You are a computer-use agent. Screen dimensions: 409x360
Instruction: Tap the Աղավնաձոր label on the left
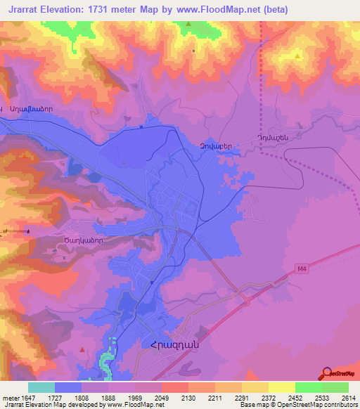pyautogui.click(x=31, y=110)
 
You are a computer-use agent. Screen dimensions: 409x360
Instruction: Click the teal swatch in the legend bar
pyautogui.click(x=41, y=387)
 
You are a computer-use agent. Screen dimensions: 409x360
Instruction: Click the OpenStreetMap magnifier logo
pyautogui.click(x=326, y=374)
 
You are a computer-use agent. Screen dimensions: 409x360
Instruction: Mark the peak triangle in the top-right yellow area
pyautogui.click(x=298, y=56)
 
